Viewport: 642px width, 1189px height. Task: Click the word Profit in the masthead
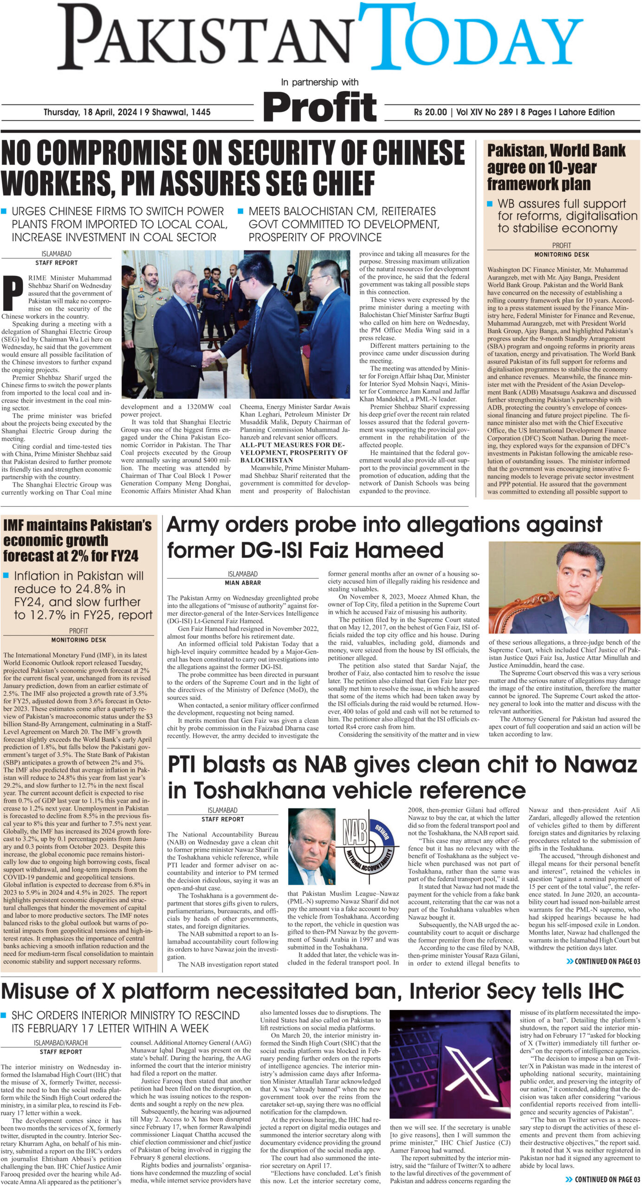(x=320, y=107)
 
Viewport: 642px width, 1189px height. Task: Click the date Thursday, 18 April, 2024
(x=90, y=112)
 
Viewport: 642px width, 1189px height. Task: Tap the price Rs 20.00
(x=430, y=112)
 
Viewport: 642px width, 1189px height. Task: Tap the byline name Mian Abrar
(x=243, y=582)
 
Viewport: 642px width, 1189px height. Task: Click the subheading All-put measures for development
(x=293, y=452)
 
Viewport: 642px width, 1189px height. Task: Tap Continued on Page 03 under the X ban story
(x=603, y=1179)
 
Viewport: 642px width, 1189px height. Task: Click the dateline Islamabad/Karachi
(x=61, y=1043)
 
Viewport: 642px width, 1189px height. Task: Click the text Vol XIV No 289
(x=484, y=112)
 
